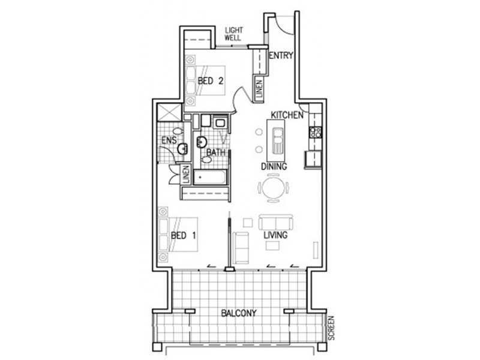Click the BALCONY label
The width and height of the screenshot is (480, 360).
coord(238,313)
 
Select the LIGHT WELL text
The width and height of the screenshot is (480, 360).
coord(233,34)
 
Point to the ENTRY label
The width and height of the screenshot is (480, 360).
coord(280,56)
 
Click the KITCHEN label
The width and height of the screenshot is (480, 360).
coord(286,114)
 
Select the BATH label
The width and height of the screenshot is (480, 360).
coord(216,153)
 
